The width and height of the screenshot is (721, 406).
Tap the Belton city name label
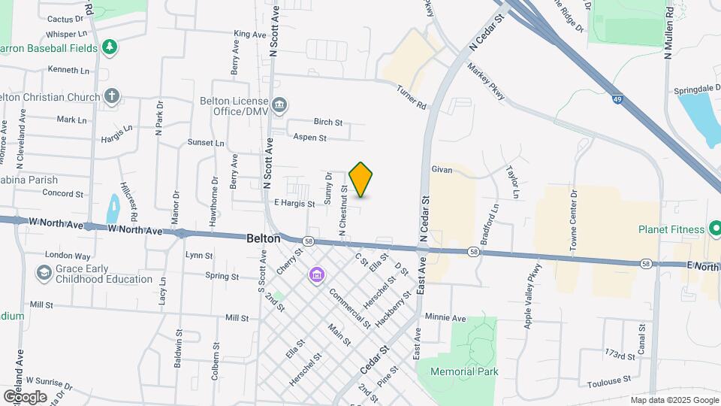[264, 238]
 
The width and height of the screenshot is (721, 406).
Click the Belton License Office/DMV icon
[280, 105]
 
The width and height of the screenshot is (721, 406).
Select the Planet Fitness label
[671, 229]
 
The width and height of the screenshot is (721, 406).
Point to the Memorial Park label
[465, 371]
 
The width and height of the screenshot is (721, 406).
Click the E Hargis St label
[294, 203]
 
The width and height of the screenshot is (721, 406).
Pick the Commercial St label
[349, 308]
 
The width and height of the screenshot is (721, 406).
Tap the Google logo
[25, 396]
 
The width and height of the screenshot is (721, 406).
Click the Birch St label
[328, 122]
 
